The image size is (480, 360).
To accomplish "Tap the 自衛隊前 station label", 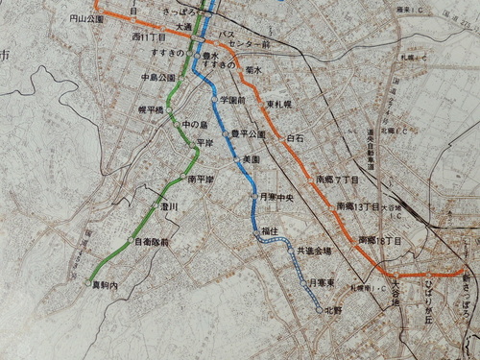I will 152,243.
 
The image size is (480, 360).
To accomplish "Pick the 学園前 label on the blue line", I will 233,99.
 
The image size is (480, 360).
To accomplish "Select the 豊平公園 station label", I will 247,134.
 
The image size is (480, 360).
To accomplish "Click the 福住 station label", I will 269,230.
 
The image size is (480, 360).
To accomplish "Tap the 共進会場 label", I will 313,251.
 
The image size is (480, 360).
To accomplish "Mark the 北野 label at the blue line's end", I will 333,310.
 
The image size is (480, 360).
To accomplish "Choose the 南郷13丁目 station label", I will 355,205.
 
